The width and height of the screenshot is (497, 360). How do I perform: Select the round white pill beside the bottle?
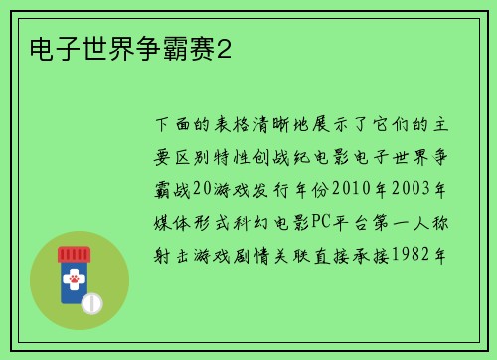(x=92, y=302)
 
